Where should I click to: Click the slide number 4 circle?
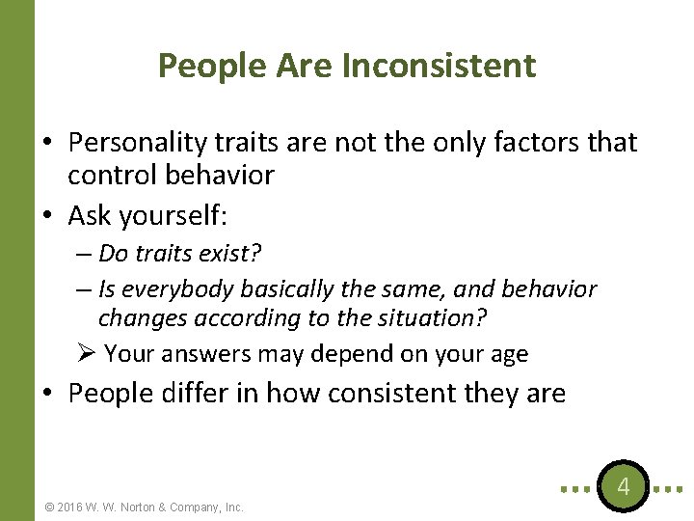pos(623,486)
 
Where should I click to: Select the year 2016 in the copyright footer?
pos(73,507)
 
